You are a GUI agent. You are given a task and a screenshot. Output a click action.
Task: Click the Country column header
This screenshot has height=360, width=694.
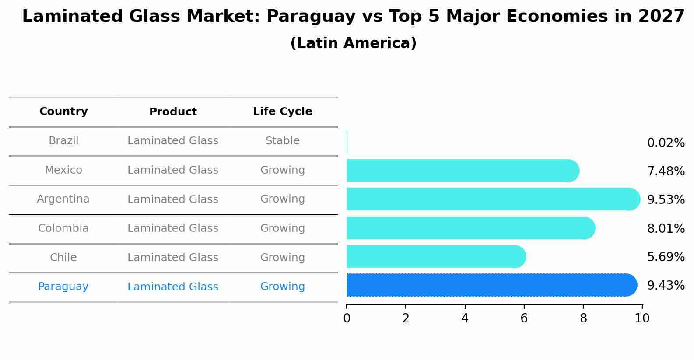(x=63, y=112)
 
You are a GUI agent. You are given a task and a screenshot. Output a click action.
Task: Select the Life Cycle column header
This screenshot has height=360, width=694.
(x=282, y=112)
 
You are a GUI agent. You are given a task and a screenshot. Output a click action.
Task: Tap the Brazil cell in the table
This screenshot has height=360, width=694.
(x=63, y=141)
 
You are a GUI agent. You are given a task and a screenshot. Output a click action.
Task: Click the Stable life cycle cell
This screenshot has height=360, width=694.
(x=282, y=141)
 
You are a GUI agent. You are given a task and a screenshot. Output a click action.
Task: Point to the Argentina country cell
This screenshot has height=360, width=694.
(x=63, y=199)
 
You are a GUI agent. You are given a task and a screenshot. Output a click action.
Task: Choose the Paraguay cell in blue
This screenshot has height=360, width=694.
(x=63, y=287)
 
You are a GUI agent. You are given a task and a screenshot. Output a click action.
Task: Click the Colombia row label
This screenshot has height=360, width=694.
(x=63, y=228)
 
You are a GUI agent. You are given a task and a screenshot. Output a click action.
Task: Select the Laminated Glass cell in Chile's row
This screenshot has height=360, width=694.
(x=172, y=258)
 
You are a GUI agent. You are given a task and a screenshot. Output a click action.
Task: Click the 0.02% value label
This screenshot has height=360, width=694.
(x=666, y=143)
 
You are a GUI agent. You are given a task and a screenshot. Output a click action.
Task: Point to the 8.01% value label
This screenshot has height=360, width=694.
(x=666, y=228)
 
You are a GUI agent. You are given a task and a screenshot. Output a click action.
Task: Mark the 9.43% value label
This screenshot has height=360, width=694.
(x=666, y=286)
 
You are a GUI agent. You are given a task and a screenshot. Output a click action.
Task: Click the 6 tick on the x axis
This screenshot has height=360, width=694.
(x=524, y=318)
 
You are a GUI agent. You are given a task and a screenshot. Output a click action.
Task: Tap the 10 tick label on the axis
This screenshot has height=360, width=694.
(x=642, y=318)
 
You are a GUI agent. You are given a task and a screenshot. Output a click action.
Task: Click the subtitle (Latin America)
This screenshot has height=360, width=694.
(x=353, y=43)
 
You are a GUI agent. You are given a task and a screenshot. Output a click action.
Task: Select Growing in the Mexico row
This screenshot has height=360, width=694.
(x=282, y=170)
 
